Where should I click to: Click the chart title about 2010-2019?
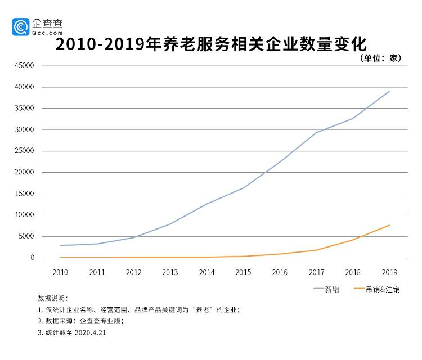click(211, 44)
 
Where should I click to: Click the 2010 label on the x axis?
click(60, 272)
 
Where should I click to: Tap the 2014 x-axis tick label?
click(206, 272)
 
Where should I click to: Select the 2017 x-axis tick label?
click(316, 272)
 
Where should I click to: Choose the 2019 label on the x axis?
click(389, 272)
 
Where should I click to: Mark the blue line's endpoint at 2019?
click(389, 91)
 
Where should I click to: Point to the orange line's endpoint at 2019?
click(389, 225)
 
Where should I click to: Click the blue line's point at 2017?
click(316, 132)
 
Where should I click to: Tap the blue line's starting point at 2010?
click(60, 245)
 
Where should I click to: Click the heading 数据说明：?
click(52, 298)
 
